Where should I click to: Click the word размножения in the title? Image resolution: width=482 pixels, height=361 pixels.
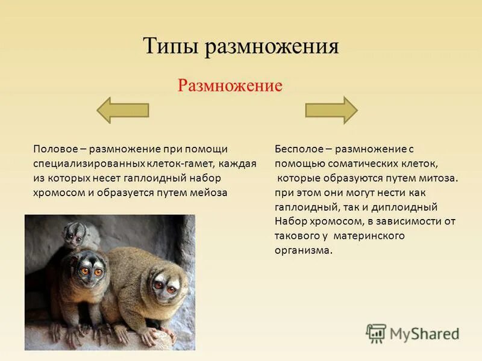coord(272,47)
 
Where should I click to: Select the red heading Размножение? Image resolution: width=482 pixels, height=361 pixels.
coord(230,85)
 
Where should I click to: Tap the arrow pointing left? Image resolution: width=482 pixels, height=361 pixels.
coord(123,110)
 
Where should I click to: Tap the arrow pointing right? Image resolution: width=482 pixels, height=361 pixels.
coord(331,110)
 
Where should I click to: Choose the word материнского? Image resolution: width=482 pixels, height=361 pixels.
coord(375,235)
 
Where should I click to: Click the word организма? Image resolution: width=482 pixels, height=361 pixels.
coord(303,250)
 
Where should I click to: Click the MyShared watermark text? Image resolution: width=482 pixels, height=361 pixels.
coord(424,333)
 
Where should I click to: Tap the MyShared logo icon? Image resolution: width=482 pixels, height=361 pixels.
coord(376,333)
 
